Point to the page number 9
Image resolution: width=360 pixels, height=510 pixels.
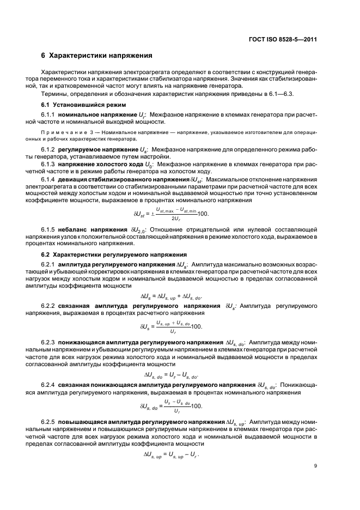(x=316, y=465)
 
